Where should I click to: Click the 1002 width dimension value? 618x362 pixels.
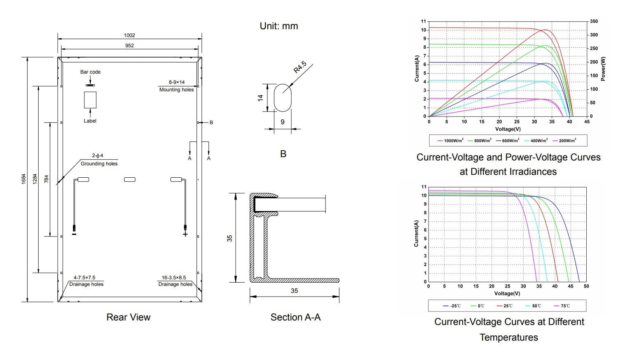129,35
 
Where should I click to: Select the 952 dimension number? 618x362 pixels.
129,46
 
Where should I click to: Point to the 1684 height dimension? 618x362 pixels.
24,179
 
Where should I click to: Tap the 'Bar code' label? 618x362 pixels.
90,72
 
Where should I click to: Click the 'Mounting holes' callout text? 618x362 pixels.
176,90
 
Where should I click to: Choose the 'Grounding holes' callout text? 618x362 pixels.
99,164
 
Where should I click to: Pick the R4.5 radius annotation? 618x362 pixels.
300,67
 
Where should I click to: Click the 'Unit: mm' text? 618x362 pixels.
279,26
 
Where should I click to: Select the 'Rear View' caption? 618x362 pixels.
128,317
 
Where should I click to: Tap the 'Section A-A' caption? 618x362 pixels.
295,317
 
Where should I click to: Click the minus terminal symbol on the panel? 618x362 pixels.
74,234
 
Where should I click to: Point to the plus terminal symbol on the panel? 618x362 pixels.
185,234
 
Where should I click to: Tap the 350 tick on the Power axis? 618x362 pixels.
594,21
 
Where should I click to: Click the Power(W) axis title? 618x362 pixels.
603,69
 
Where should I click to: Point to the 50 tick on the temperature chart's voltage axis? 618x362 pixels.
586,286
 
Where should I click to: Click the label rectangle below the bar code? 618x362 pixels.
90,100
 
